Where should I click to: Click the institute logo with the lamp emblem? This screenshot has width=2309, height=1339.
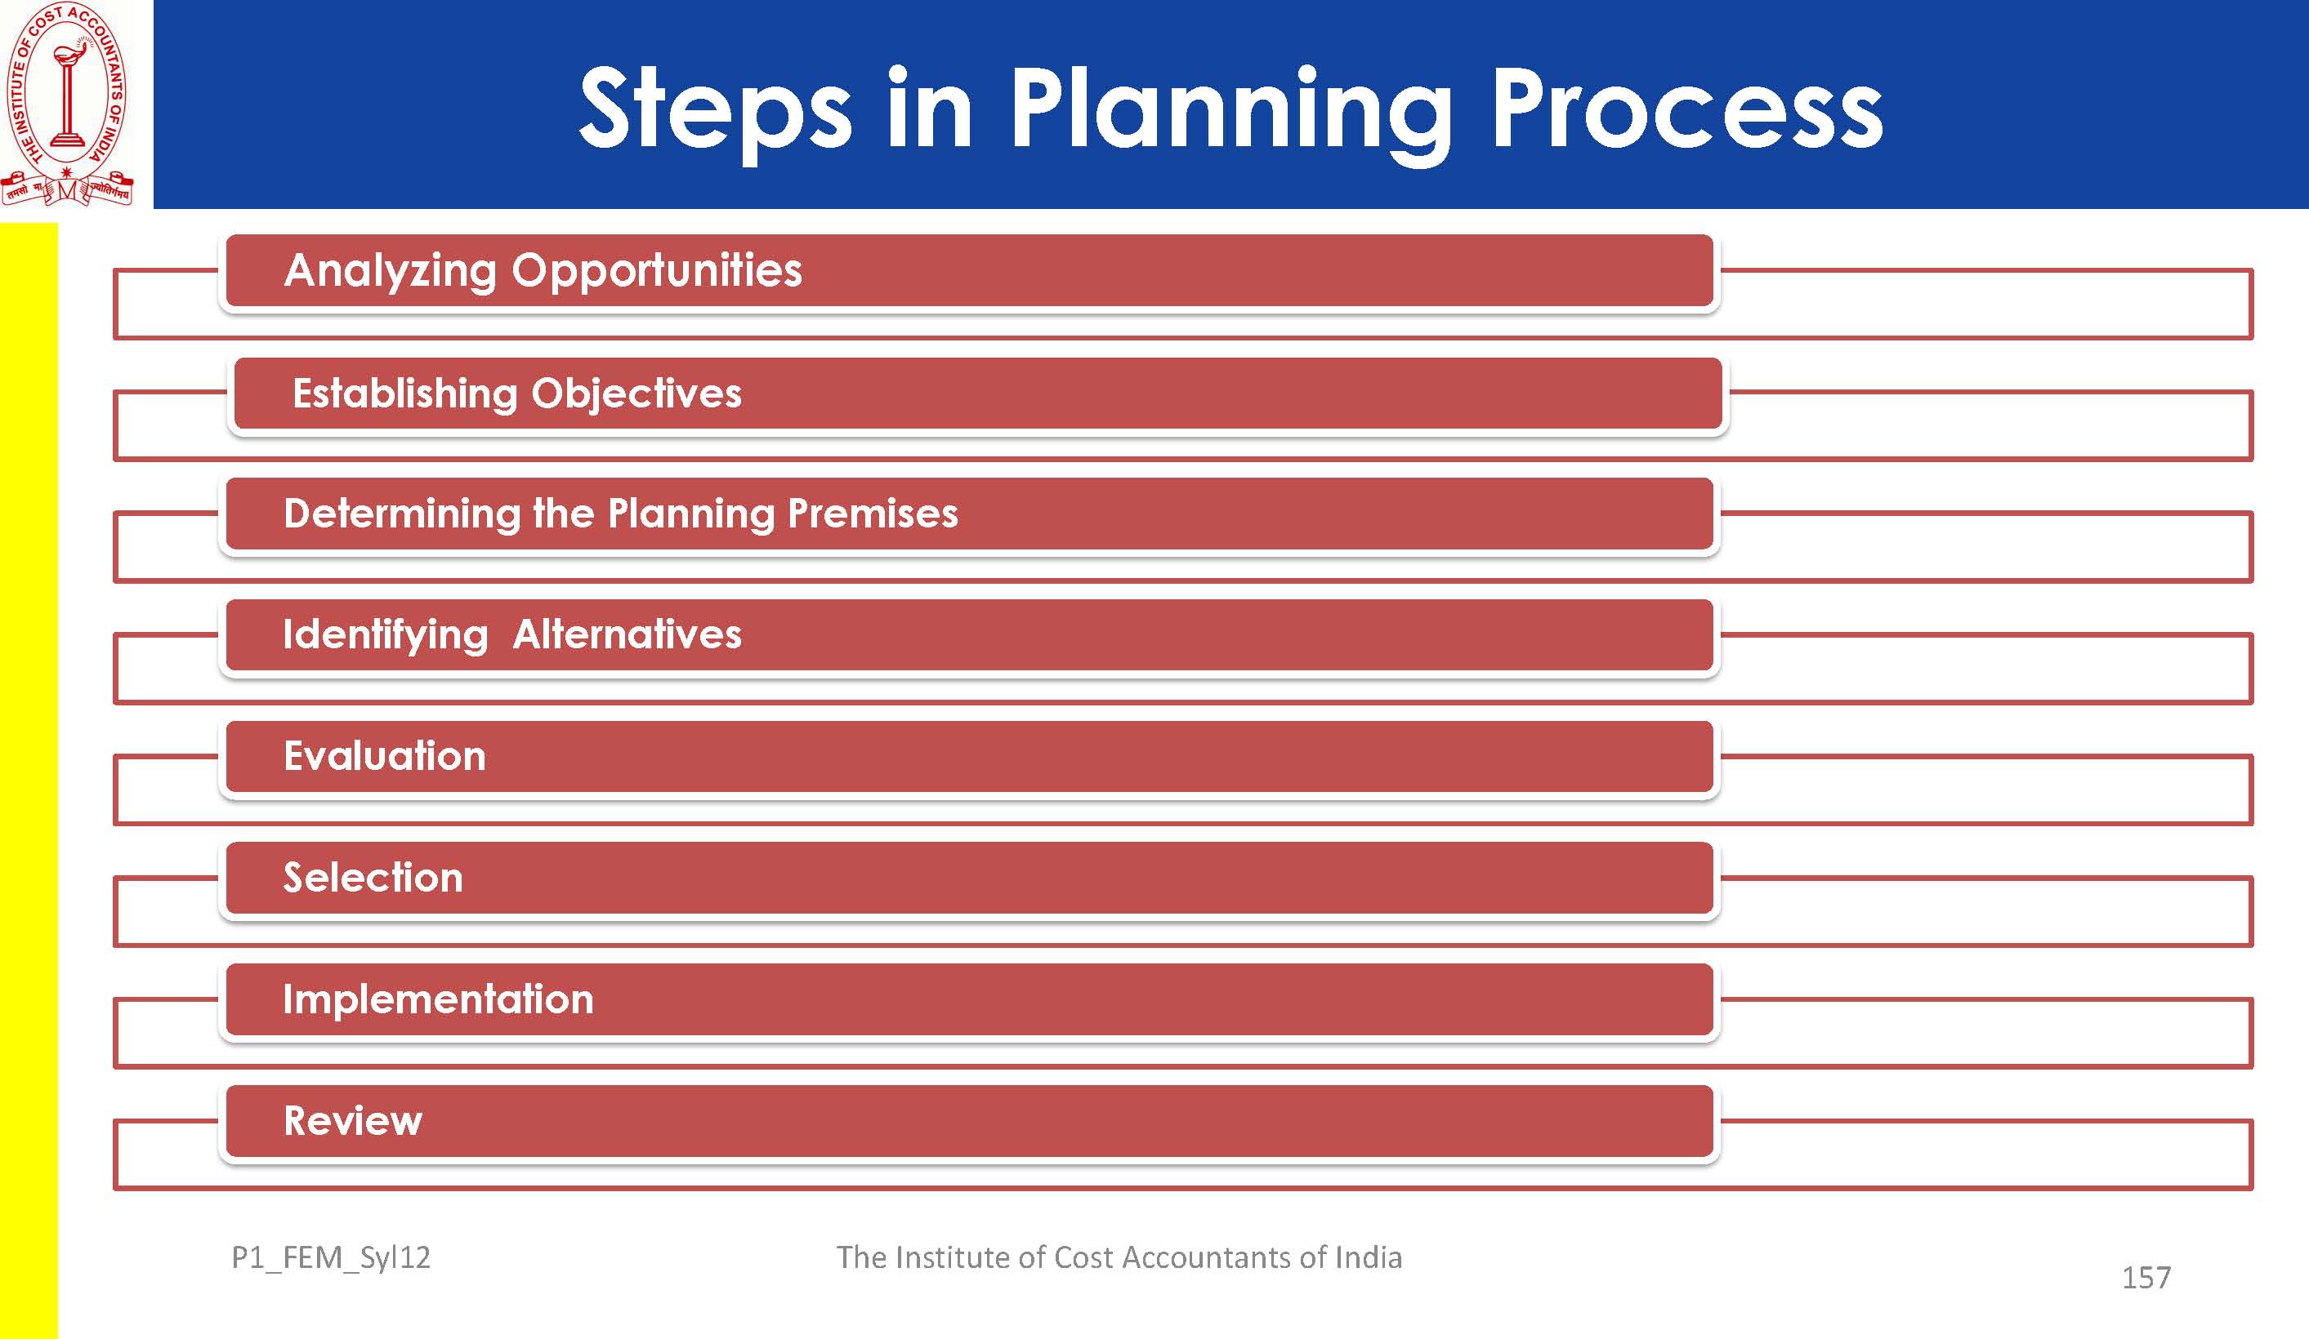coord(67,104)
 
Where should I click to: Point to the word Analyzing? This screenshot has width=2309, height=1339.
coord(390,271)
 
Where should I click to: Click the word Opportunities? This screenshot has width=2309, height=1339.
coord(657,271)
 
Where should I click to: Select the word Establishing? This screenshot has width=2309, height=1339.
coord(405,394)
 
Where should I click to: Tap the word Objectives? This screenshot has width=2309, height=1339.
coord(636,394)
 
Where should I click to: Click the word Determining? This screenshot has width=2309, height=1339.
coord(402,514)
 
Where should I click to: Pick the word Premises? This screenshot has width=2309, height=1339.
coord(873,513)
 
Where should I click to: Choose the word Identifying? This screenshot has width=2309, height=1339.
coord(386,635)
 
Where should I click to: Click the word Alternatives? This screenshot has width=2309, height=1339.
coord(627,634)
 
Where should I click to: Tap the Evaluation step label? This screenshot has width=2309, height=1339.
coord(385,757)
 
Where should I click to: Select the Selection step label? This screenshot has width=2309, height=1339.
coord(373,878)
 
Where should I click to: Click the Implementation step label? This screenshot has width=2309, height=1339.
coord(438,1000)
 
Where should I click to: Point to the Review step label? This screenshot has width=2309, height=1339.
coord(353,1121)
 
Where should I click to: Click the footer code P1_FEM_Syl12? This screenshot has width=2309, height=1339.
coord(331,1258)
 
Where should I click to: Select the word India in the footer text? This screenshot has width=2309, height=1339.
coord(1368,1257)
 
